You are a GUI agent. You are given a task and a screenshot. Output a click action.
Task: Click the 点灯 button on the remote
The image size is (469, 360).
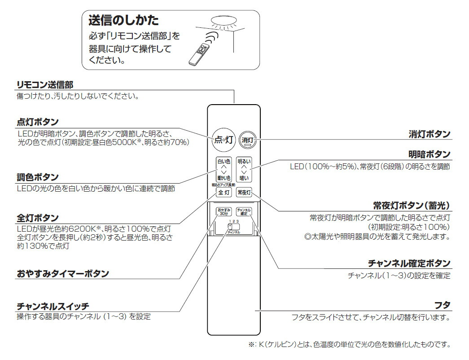[x=222, y=139]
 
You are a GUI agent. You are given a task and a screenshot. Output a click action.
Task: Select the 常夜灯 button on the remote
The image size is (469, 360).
[x=244, y=192]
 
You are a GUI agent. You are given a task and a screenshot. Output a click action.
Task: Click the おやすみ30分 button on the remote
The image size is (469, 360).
[x=224, y=212]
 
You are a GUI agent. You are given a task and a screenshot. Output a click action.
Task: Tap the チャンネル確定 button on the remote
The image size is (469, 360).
[x=244, y=211]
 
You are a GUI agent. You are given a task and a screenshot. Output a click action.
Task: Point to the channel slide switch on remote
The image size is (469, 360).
[x=233, y=228]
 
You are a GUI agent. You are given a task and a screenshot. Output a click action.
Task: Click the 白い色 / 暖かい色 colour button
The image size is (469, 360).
[x=223, y=169]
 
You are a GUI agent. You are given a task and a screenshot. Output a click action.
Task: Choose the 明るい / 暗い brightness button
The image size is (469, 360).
[x=244, y=169]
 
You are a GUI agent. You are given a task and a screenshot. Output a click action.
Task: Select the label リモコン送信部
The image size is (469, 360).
[x=44, y=85]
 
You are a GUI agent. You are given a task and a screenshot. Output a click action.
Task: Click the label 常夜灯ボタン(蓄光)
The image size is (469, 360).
[x=411, y=206]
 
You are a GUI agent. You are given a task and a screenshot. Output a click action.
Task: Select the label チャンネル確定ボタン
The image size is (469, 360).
[x=409, y=263]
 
